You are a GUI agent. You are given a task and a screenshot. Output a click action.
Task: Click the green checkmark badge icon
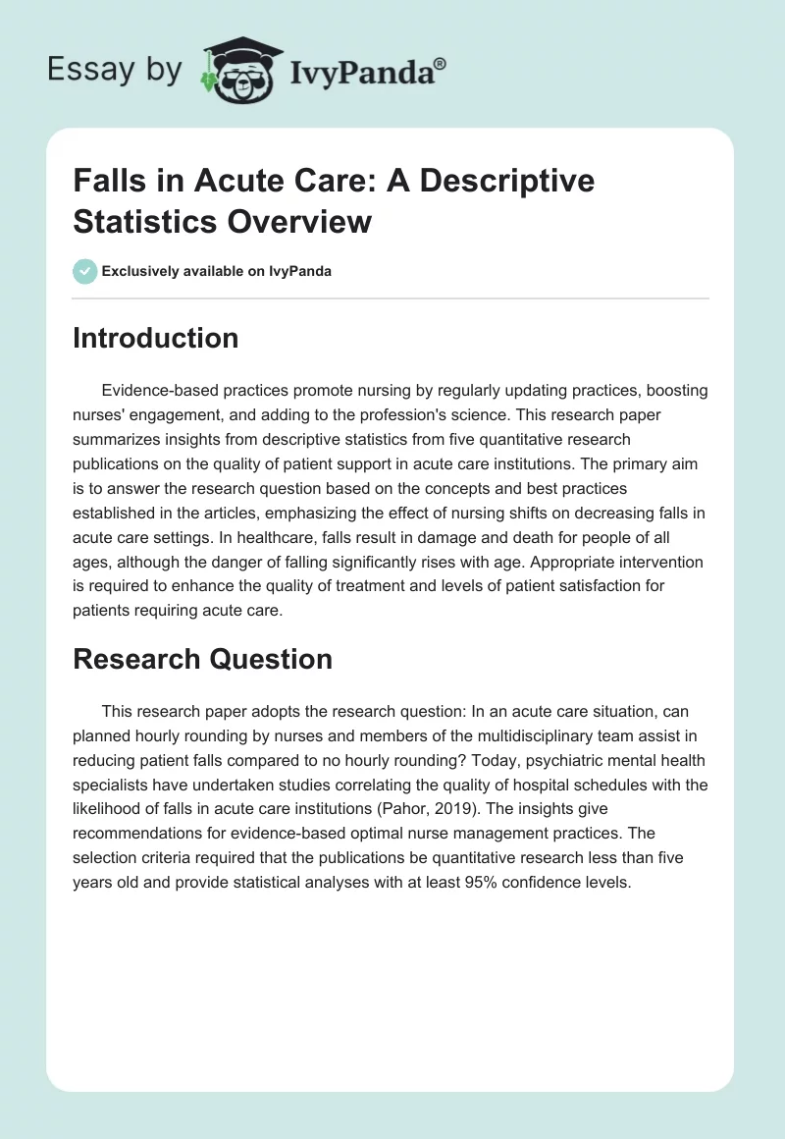tap(84, 271)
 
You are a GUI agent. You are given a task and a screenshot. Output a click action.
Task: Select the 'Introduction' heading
tap(155, 338)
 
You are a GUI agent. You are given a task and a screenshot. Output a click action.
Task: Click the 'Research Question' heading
tap(202, 659)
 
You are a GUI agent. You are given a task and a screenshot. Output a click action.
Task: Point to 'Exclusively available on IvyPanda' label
tap(216, 271)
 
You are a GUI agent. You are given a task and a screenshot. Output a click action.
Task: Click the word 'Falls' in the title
tap(108, 182)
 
